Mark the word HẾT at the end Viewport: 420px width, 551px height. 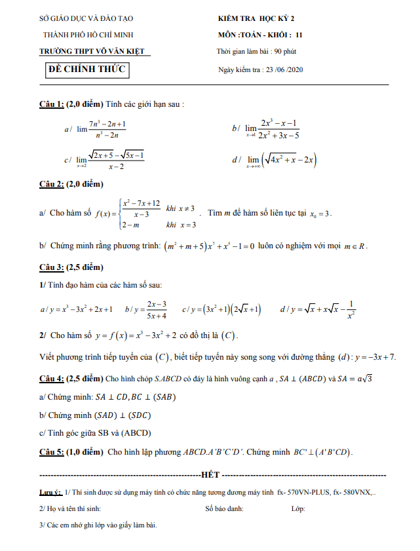pyautogui.click(x=211, y=474)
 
